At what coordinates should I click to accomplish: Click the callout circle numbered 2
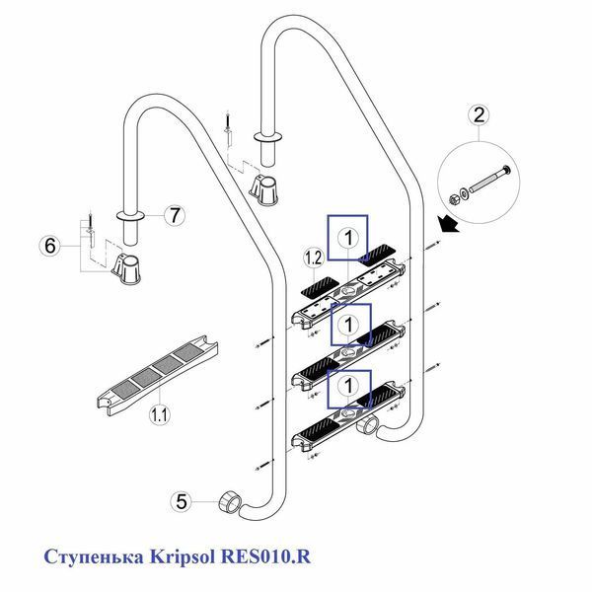479,114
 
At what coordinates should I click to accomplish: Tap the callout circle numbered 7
175,215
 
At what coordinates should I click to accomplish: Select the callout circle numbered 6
50,246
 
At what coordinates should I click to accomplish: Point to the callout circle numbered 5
182,502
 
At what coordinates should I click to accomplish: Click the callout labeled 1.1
159,415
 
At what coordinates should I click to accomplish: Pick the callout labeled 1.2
314,259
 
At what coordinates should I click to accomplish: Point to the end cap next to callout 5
229,502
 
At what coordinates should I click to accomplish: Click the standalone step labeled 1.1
158,375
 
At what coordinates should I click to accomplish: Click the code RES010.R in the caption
265,556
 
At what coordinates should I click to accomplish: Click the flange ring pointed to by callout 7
130,215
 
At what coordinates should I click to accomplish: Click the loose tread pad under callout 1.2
320,286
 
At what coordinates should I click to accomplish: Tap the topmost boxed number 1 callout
347,238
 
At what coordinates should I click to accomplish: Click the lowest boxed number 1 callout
349,389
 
